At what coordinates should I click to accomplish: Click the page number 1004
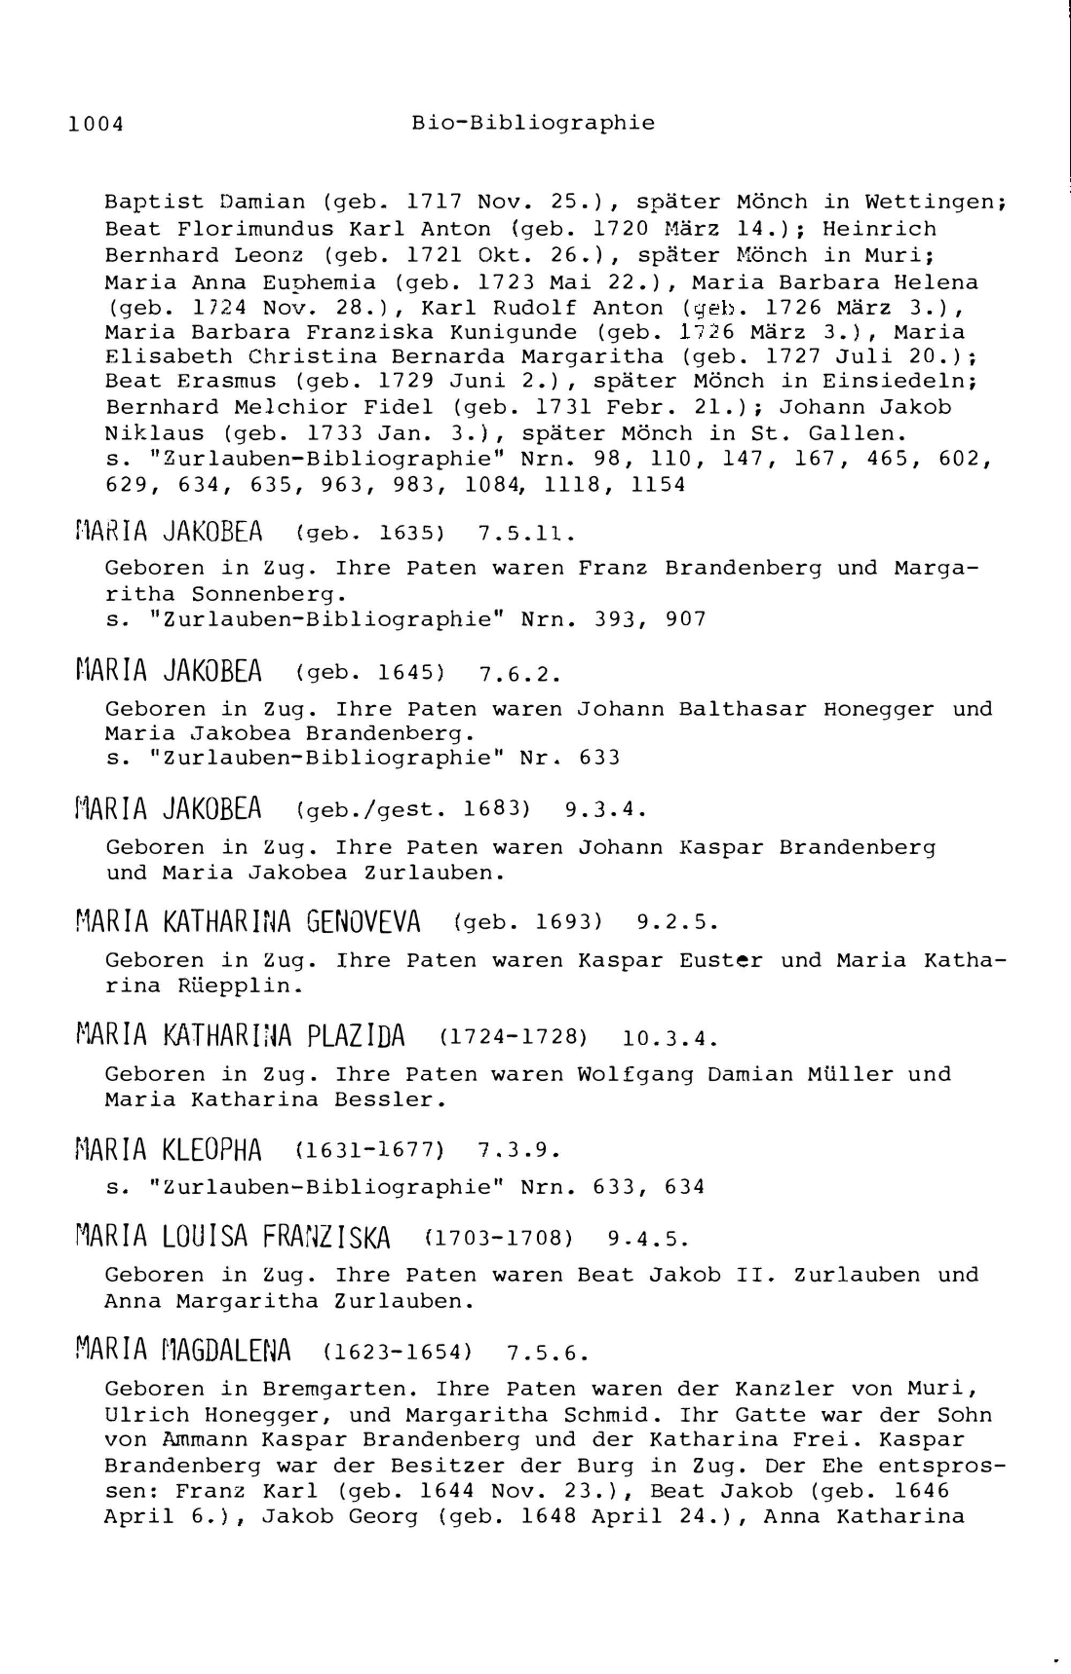[96, 125]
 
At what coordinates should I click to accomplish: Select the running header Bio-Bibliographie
[533, 124]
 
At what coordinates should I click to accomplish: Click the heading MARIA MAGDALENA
[183, 1350]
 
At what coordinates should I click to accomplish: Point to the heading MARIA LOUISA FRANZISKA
[233, 1237]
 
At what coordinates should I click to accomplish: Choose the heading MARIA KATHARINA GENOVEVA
[247, 922]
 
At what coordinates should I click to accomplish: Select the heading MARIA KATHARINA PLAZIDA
[240, 1036]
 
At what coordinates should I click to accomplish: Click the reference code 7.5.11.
[526, 534]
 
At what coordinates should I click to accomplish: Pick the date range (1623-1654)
[398, 1352]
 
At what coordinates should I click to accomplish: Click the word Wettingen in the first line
[936, 202]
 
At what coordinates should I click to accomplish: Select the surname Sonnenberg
[268, 595]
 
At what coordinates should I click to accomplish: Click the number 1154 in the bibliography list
[658, 484]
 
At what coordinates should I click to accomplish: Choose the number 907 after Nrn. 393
[685, 619]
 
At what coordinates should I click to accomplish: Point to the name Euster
[720, 961]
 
